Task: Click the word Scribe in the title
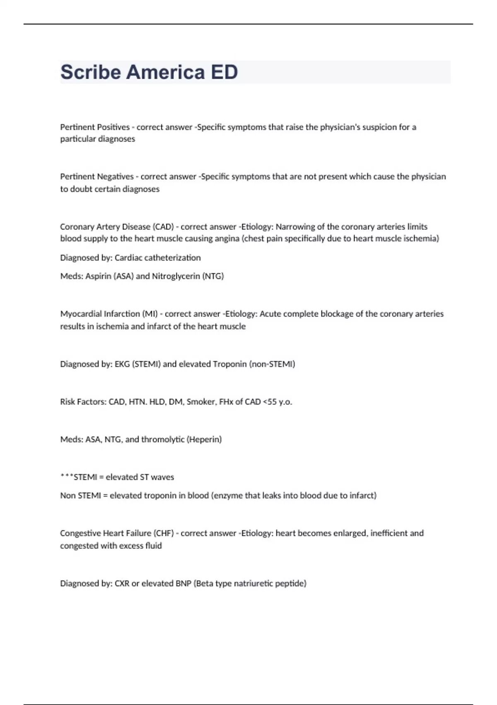(91, 72)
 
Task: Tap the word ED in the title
(224, 72)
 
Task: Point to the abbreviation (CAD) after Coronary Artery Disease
(163, 227)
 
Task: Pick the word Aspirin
(98, 276)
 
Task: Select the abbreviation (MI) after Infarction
(150, 314)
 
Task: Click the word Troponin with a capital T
(230, 364)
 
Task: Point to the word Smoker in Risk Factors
(201, 402)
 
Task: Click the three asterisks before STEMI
(67, 477)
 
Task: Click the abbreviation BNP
(183, 583)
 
